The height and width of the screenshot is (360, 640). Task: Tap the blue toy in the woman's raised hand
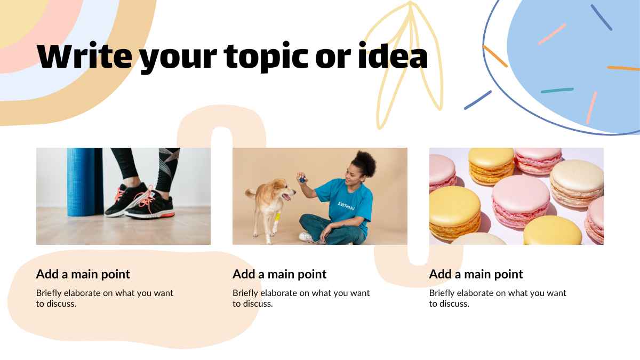[301, 179]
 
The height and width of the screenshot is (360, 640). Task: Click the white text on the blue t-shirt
[346, 206]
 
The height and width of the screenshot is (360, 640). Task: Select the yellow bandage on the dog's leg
[277, 217]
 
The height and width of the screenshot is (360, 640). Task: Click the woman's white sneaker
[307, 237]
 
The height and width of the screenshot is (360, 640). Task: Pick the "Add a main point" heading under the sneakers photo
[83, 274]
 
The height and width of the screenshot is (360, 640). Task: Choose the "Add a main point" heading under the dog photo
[279, 274]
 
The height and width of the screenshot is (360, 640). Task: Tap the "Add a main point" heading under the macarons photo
[476, 274]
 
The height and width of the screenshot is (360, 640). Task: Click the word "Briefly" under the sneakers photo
[49, 293]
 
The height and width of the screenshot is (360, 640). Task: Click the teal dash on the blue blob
[557, 90]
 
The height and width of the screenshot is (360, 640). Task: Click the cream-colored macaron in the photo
[577, 183]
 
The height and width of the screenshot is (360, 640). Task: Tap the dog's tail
[251, 193]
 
